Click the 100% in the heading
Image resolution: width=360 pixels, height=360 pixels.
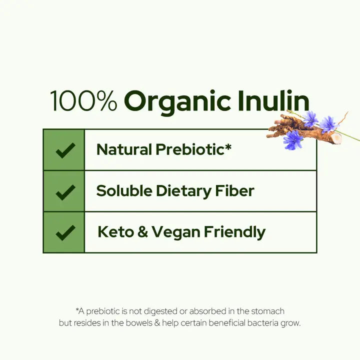pos(83,101)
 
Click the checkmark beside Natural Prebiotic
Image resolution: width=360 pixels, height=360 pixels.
pos(65,149)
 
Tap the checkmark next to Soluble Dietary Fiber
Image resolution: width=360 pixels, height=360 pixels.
pos(65,191)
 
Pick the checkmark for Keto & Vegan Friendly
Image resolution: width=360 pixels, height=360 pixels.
pos(65,232)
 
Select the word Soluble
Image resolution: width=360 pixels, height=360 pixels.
pos(122,191)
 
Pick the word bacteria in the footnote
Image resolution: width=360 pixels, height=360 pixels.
pos(259,323)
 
